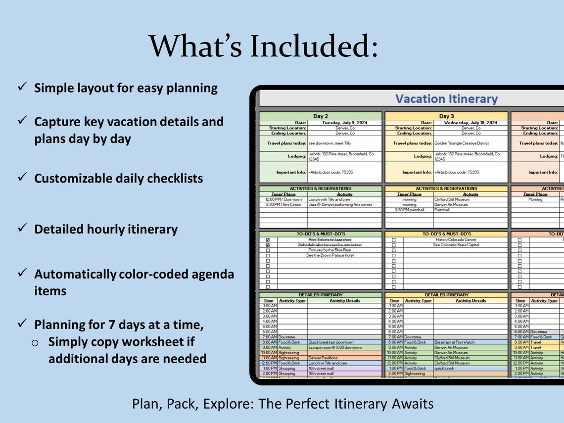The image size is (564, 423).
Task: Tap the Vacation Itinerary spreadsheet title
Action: (446, 99)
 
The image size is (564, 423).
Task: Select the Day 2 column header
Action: (321, 116)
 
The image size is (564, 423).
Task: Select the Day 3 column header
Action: (446, 116)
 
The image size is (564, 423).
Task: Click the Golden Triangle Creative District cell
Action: (462, 143)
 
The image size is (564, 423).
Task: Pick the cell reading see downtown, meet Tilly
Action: (329, 143)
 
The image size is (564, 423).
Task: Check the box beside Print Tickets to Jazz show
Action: (268, 240)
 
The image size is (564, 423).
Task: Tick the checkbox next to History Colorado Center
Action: (394, 240)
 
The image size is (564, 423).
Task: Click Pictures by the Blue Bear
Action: (329, 250)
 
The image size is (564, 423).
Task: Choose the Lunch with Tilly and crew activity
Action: (329, 200)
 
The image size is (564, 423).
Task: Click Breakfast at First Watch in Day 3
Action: (455, 342)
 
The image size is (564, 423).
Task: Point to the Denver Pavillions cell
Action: (323, 358)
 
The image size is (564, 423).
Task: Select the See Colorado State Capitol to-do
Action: (456, 245)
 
